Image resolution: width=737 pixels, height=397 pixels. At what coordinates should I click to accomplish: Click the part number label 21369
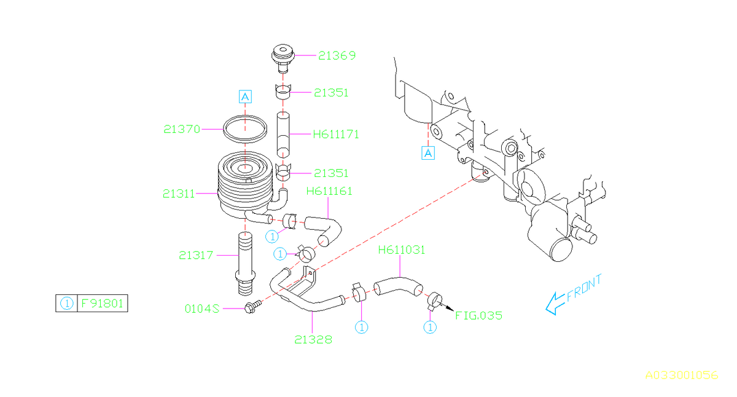tap(337, 56)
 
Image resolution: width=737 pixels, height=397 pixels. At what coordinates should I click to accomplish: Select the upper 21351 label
tap(331, 93)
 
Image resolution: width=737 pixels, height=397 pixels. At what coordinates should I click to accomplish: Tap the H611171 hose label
tap(336, 133)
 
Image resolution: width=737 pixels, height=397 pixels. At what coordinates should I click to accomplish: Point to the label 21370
tap(182, 129)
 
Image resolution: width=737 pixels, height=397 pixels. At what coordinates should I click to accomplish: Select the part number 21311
tap(179, 194)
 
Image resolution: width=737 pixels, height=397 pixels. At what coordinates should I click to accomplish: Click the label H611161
tap(329, 191)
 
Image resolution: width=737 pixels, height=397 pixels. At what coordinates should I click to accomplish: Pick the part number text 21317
tap(196, 254)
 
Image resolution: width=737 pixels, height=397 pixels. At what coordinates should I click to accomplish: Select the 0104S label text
tap(202, 308)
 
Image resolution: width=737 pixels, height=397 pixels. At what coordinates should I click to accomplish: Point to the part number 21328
tap(313, 339)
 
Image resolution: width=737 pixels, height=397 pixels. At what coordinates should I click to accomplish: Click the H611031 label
tap(402, 250)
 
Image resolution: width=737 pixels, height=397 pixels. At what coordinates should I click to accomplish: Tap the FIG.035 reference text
tap(478, 316)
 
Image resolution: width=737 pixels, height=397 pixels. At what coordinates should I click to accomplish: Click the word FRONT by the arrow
tap(584, 288)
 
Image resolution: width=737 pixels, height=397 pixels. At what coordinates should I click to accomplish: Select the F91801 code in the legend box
tap(103, 303)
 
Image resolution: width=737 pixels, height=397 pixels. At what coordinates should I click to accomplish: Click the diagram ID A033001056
tap(681, 375)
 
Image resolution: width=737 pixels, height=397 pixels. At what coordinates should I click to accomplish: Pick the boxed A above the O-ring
tap(245, 96)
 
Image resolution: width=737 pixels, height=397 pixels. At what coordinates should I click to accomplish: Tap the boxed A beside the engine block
tap(428, 153)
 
